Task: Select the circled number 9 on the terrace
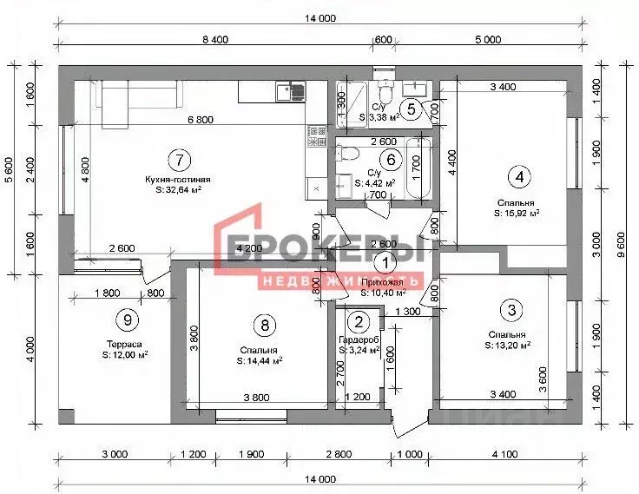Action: [128, 319]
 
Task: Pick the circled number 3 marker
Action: [512, 309]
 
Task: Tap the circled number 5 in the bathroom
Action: [412, 109]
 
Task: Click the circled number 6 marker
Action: [392, 159]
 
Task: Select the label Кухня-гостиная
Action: [179, 181]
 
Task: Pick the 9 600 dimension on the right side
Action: [622, 236]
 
